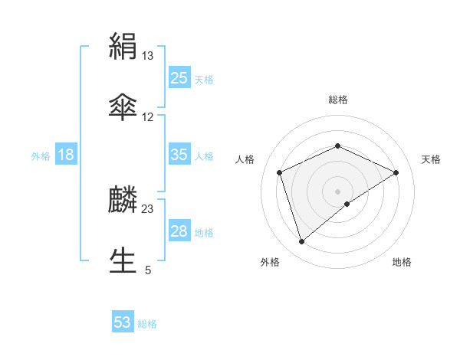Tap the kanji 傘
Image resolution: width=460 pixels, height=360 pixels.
[123, 106]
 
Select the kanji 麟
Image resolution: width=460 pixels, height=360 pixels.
[123, 200]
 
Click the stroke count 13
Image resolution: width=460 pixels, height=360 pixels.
[148, 56]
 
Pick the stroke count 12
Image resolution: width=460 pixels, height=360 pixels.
[148, 117]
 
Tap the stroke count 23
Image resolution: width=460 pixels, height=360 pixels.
[148, 209]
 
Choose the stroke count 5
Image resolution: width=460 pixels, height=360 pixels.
[148, 270]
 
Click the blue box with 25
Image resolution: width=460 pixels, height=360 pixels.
[179, 78]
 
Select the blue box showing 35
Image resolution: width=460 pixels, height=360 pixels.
[179, 155]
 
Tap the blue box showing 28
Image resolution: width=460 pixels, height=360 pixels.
[179, 231]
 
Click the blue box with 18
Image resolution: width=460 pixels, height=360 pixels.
[66, 155]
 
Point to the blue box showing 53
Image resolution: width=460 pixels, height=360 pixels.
[123, 322]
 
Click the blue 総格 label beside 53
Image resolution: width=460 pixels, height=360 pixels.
[147, 324]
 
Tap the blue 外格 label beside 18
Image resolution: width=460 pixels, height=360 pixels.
[41, 156]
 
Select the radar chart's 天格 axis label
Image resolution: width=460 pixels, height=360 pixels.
[432, 159]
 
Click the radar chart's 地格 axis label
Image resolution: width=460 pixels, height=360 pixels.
[402, 262]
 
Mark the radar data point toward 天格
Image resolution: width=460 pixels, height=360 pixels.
[396, 172]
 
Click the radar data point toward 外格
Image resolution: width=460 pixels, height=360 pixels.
[301, 242]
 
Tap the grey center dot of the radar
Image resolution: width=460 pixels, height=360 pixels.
[337, 191]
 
